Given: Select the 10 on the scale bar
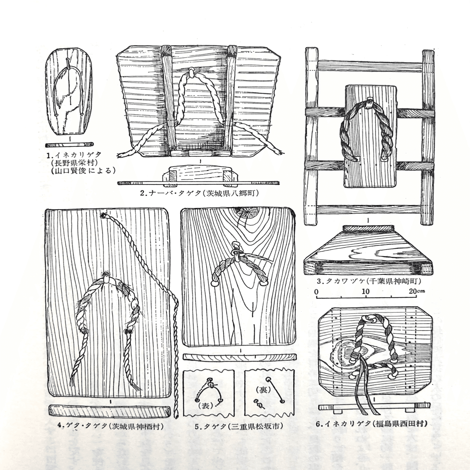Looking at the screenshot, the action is (366, 292).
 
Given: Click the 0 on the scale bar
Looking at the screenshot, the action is (317, 292).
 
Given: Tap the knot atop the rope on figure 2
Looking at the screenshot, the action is (191, 72).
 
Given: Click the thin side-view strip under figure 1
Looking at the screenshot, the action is (69, 145).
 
